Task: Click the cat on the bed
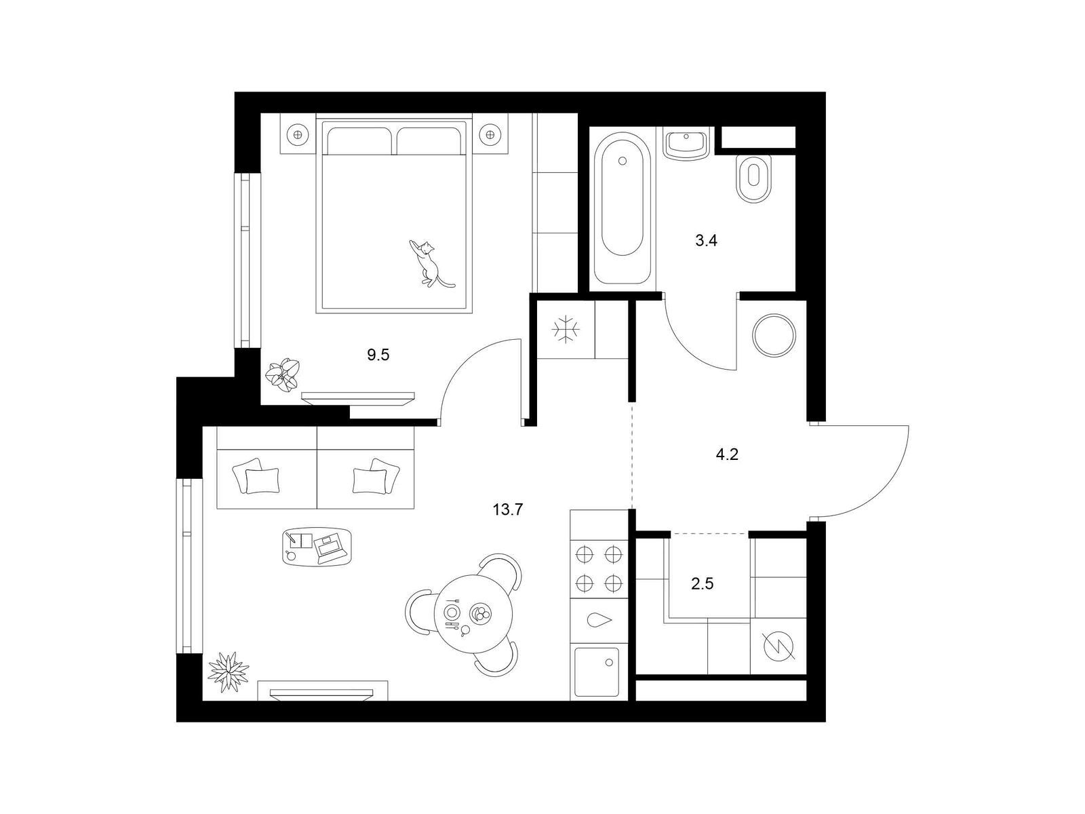coord(429,264)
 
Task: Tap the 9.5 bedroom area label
coord(378,355)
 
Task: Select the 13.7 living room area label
coord(508,509)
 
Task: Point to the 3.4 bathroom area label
coord(706,241)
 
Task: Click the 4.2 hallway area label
coord(727,454)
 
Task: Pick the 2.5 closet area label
coord(703,584)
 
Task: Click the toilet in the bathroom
coord(753,178)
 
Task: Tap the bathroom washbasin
coord(686,144)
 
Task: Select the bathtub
coord(623,208)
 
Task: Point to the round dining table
coord(473,613)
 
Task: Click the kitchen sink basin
coord(597,672)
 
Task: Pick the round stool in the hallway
coord(774,336)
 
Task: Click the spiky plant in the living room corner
coord(228,672)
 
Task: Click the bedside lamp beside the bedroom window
coord(298,134)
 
